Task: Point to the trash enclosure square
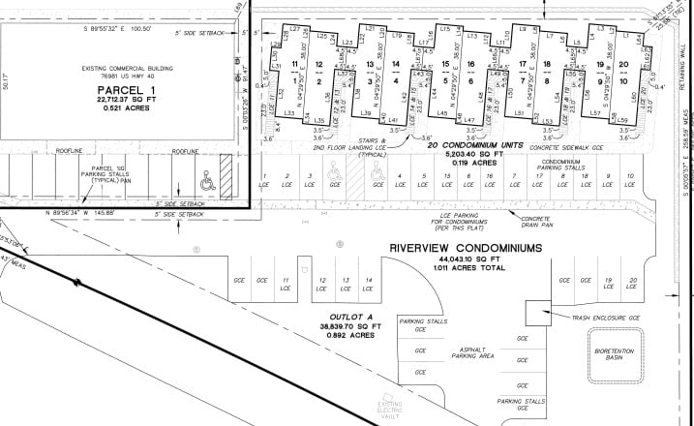537,312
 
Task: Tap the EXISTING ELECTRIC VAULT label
391,409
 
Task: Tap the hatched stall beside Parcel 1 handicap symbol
226,177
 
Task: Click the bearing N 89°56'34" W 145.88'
93,211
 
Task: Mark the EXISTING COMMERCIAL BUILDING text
119,70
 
